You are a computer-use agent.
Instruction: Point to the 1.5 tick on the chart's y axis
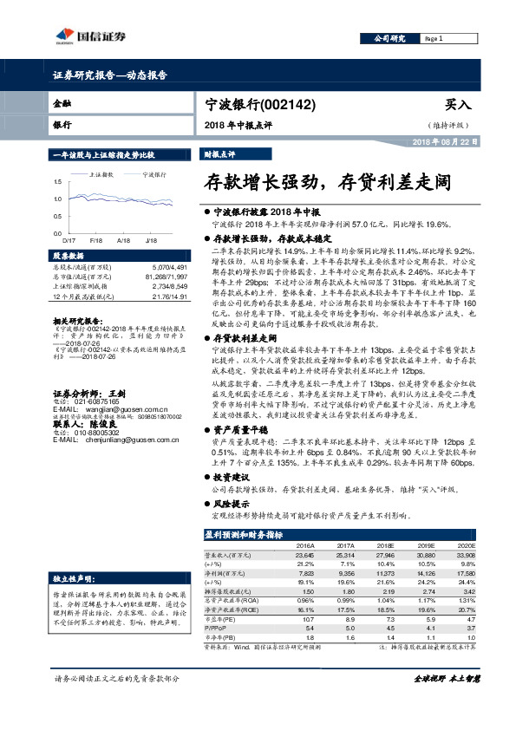(x=58, y=180)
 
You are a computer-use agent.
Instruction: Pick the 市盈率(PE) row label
(x=220, y=620)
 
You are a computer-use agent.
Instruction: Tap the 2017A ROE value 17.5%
(x=344, y=611)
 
